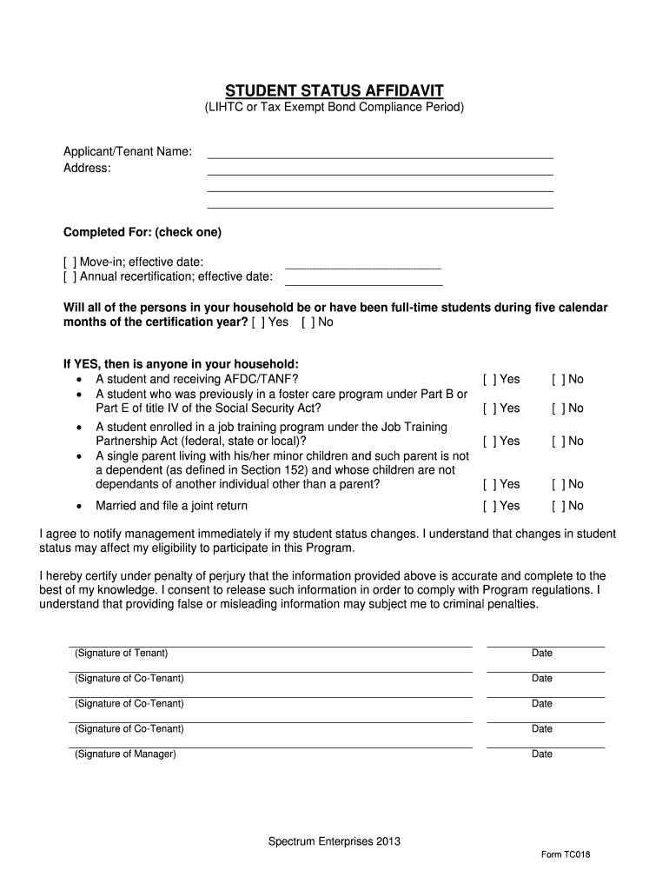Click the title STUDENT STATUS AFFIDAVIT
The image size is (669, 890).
coord(334,90)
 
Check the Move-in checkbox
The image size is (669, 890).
coord(70,262)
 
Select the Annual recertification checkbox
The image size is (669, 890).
coord(70,277)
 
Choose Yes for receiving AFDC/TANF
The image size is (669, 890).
coord(489,379)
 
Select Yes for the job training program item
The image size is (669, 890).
coord(489,442)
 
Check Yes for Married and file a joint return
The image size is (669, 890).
coord(489,506)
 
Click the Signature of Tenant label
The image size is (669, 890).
coord(122,653)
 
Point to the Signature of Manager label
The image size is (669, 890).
coord(125,754)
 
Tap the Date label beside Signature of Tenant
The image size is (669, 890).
coord(542,654)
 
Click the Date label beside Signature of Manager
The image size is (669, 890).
coord(542,754)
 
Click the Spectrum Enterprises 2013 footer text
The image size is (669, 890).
coord(334,841)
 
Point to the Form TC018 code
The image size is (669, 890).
coord(566,854)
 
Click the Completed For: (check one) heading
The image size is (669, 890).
coord(142,233)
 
